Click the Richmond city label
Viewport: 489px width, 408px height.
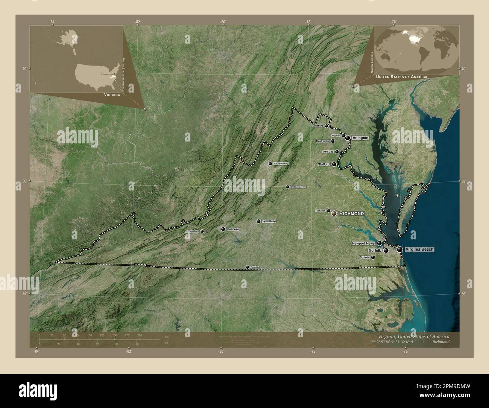(x=351, y=213)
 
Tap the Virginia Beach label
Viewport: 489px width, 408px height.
(x=419, y=249)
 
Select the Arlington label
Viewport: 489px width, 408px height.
(x=360, y=138)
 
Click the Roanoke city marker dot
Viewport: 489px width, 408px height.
(x=223, y=229)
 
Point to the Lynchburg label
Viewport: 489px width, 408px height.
(x=269, y=221)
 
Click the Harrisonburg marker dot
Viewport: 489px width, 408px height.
(x=270, y=164)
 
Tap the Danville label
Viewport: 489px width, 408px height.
(x=255, y=267)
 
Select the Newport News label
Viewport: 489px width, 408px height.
(x=364, y=244)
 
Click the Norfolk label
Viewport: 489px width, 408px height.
(x=375, y=250)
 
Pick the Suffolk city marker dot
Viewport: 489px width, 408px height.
(x=373, y=257)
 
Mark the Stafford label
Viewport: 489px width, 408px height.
(x=323, y=164)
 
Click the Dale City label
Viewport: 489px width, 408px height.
(x=328, y=152)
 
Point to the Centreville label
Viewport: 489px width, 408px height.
(x=322, y=141)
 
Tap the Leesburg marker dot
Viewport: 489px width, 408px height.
(x=327, y=126)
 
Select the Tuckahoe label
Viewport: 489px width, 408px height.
(x=320, y=210)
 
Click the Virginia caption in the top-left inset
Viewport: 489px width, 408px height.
(x=112, y=95)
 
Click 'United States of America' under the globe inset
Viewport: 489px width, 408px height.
(x=401, y=77)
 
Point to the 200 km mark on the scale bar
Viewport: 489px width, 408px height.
(x=140, y=335)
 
